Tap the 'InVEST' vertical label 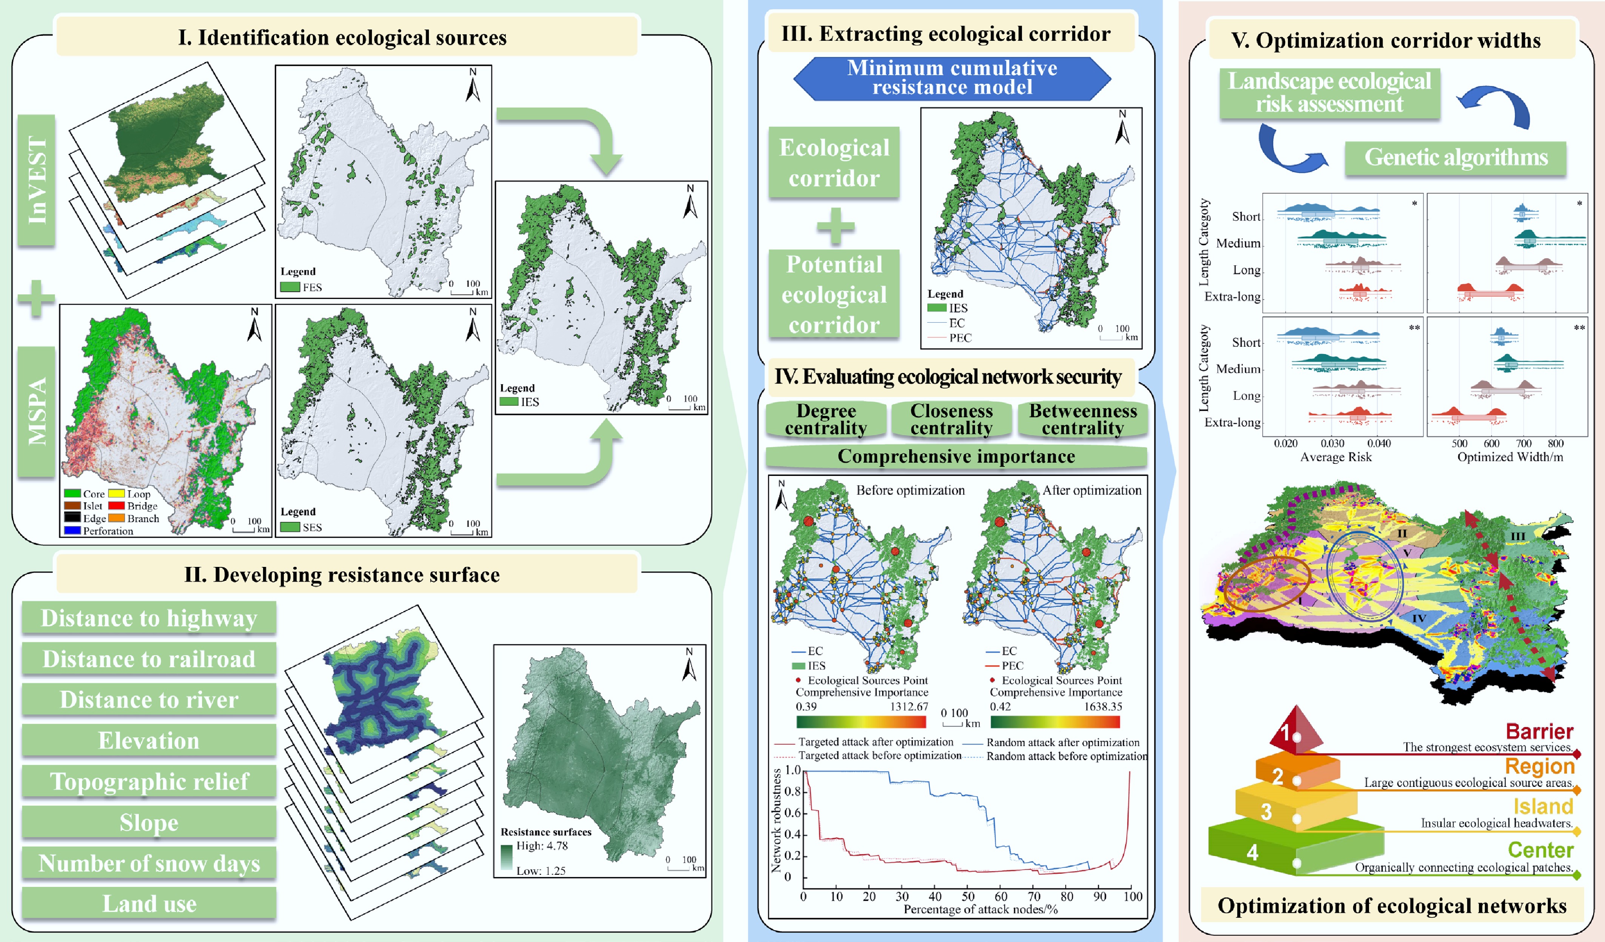[36, 180]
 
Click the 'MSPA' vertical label [36, 411]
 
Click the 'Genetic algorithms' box [1455, 157]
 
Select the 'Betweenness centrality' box [1083, 419]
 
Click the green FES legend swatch [290, 287]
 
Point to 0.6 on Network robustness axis [792, 813]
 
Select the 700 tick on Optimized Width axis [1523, 443]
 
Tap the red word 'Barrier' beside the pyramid [1539, 731]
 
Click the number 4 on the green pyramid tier [1252, 852]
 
